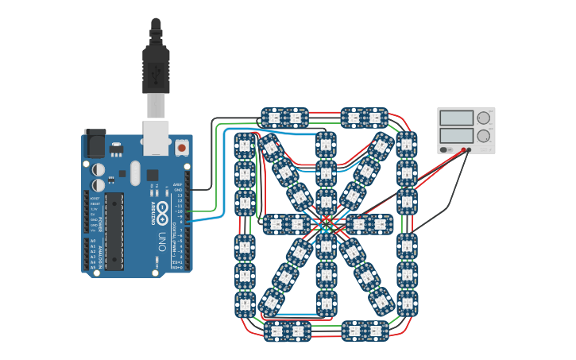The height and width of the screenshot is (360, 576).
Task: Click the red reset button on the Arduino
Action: point(181,148)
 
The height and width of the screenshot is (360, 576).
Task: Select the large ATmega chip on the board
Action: point(114,230)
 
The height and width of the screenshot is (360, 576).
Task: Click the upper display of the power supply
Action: point(456,118)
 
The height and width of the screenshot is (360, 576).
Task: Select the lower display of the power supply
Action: point(456,136)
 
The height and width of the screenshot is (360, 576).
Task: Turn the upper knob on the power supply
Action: point(483,118)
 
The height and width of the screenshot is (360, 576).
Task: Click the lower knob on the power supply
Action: point(483,136)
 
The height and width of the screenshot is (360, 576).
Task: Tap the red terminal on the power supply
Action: point(464,149)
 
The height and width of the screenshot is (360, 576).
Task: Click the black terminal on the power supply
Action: point(469,149)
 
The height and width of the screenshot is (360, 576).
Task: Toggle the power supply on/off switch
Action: point(445,149)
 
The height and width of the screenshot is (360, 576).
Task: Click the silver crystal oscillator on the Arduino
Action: point(135,172)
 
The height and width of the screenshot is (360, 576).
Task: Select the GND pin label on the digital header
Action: point(178,190)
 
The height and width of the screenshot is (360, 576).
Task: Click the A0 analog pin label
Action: point(93,241)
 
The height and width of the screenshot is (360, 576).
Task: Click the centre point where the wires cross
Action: point(327,225)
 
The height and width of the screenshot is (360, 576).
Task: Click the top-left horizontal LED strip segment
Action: point(285,118)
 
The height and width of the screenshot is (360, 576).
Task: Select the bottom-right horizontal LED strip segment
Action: point(365,331)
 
